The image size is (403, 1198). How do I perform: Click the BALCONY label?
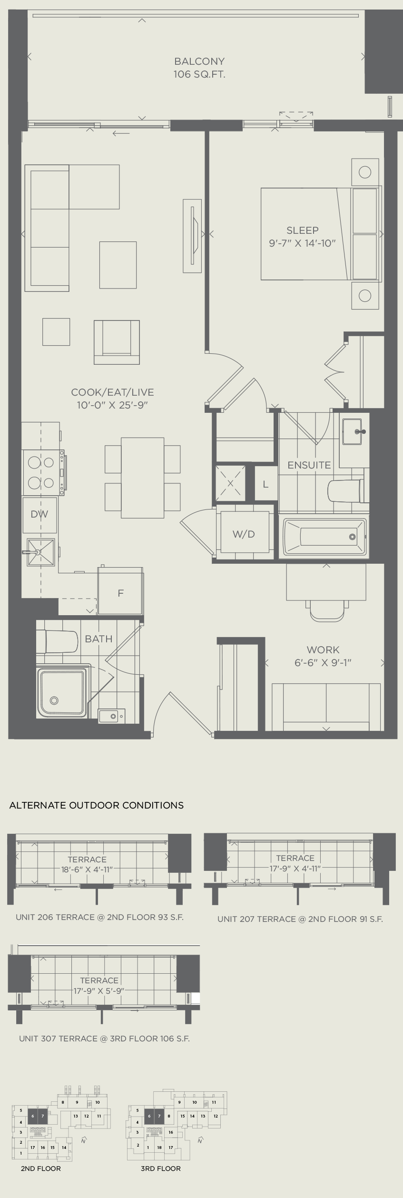click(199, 61)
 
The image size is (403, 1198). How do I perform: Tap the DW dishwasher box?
click(39, 514)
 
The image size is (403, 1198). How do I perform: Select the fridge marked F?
click(120, 593)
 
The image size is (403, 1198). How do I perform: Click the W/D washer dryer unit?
click(244, 534)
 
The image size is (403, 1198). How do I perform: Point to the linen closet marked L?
click(265, 485)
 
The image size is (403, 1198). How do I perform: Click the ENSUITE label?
click(309, 465)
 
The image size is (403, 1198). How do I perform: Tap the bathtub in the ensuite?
click(325, 537)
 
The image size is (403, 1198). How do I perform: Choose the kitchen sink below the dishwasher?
click(41, 552)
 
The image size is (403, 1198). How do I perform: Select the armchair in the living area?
click(117, 342)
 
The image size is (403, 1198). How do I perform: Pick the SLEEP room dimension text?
click(303, 243)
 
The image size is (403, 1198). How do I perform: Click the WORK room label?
click(323, 649)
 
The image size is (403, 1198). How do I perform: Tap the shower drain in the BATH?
click(54, 700)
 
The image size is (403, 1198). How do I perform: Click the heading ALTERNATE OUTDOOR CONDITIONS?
click(97, 805)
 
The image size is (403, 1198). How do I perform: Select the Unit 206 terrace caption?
click(99, 917)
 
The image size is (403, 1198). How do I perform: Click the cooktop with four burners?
click(41, 472)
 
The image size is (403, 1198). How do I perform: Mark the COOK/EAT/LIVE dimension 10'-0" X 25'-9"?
click(113, 406)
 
